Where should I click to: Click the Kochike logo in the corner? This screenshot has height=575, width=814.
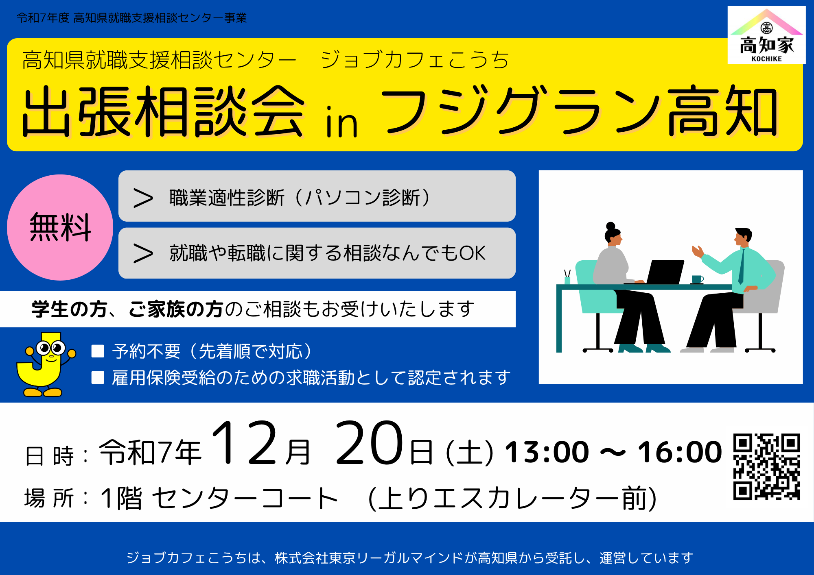coord(766,35)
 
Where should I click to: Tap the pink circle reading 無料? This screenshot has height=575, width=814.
coord(60,227)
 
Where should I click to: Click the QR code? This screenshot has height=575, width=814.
coord(767,467)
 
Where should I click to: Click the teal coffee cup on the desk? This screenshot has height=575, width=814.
coord(697,279)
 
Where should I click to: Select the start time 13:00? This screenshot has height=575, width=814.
coord(547,452)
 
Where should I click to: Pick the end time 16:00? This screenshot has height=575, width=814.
coord(680,452)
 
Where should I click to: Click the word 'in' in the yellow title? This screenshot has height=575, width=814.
coord(341,122)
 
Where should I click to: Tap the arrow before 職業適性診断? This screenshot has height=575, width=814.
coord(143,198)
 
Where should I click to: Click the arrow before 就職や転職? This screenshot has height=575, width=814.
coord(143,253)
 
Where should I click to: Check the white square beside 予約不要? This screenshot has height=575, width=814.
coord(98,351)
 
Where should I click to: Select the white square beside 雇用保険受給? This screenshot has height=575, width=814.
coord(98,377)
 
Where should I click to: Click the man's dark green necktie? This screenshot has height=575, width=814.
coord(742,266)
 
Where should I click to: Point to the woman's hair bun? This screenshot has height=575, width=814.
coord(610,226)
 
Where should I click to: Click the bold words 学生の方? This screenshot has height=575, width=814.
coord(69,309)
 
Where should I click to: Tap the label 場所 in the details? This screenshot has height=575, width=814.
coord(49,498)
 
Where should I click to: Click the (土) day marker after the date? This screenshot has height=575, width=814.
coord(470,453)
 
